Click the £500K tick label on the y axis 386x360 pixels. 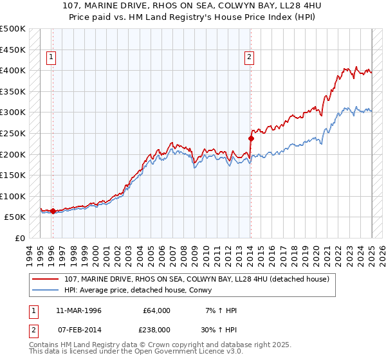(x=13, y=29)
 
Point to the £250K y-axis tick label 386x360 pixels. (x=13, y=133)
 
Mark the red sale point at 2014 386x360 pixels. (x=251, y=138)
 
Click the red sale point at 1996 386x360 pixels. (x=53, y=211)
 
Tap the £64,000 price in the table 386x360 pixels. (x=156, y=310)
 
